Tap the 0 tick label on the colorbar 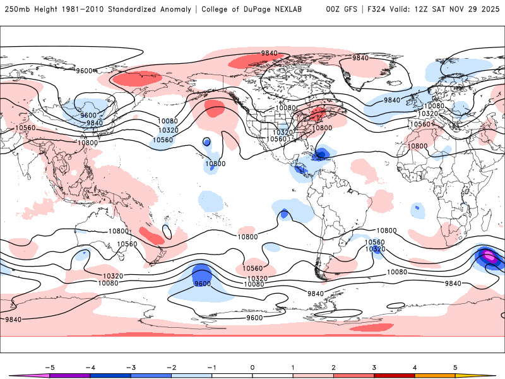click(x=252, y=367)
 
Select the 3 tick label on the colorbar click(x=374, y=367)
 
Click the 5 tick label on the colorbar click(x=455, y=367)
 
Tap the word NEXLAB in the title click(x=294, y=9)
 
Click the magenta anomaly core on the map click(x=489, y=256)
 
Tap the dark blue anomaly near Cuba click(x=323, y=153)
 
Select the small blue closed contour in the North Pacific click(x=206, y=142)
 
